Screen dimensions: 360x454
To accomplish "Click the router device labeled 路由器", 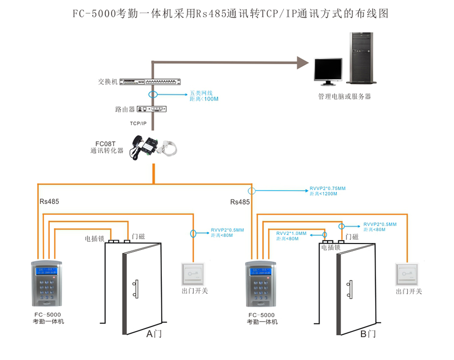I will coord(151,109).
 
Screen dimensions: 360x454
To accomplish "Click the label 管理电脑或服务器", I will coord(344,97).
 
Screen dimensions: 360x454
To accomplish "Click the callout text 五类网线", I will coord(201,93).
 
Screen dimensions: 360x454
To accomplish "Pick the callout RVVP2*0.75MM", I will coord(328,189).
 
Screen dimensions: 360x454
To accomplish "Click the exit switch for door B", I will coord(408,275).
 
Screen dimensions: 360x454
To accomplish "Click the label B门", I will coord(368,334).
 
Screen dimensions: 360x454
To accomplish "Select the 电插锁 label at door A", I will coord(94,239).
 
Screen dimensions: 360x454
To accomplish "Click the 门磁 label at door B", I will coord(352,237).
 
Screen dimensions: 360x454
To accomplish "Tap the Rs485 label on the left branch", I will coord(49,201).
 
